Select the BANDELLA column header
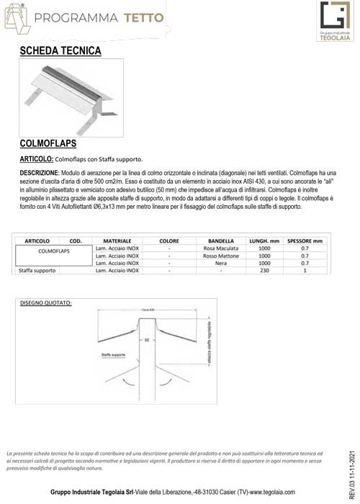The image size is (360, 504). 221,240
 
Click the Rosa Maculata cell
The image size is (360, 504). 221,248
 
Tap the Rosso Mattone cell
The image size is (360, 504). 221,256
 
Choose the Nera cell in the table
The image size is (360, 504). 221,264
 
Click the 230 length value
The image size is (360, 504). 264,271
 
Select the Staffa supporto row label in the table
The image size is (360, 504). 37,271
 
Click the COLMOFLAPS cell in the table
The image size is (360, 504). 53,252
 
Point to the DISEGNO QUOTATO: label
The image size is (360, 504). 51,302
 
